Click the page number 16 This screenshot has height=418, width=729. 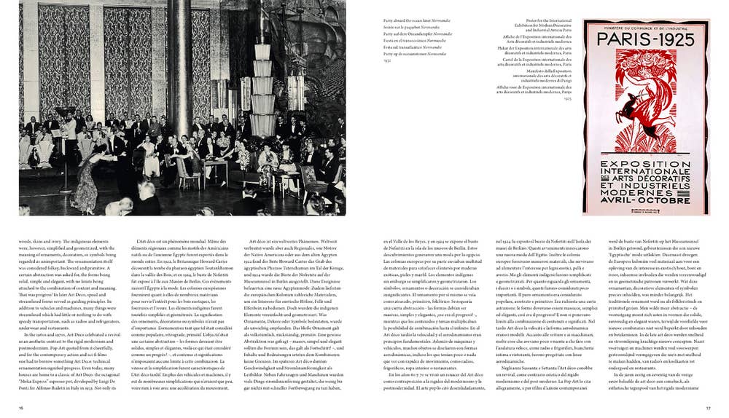[21, 408]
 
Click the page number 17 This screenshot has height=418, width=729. [706, 408]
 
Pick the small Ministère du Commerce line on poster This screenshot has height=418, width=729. [645, 27]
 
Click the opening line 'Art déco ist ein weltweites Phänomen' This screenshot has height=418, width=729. [295, 240]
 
